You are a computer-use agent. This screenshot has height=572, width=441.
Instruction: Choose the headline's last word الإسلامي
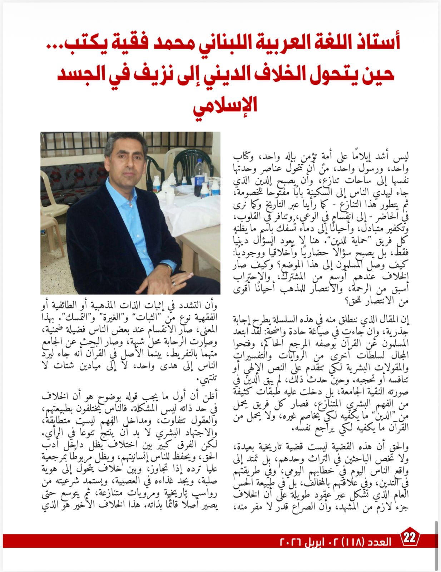pyautogui.click(x=225, y=105)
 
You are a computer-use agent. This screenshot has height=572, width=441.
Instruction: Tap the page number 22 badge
pyautogui.click(x=410, y=538)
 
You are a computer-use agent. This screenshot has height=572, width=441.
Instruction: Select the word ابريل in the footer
pyautogui.click(x=316, y=542)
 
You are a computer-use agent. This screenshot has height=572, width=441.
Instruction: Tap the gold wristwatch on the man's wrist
pyautogui.click(x=169, y=267)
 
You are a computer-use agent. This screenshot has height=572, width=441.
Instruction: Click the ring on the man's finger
pyautogui.click(x=174, y=283)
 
